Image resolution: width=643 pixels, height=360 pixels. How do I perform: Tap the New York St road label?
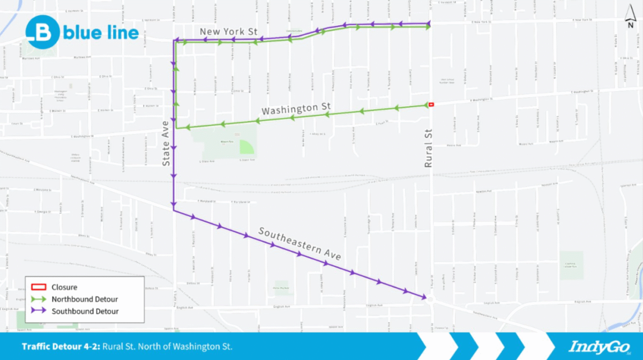click(229, 32)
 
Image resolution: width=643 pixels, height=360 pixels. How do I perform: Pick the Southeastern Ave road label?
click(300, 243)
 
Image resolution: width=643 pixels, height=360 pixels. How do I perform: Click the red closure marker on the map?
click(431, 104)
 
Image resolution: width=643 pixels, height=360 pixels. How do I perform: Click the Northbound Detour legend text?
click(85, 299)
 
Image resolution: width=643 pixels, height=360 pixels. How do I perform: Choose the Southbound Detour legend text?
click(85, 311)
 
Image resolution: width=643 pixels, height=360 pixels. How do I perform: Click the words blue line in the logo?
click(101, 33)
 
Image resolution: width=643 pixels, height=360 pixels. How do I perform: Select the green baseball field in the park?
click(247, 146)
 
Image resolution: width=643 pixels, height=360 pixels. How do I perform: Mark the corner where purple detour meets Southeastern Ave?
click(174, 210)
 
